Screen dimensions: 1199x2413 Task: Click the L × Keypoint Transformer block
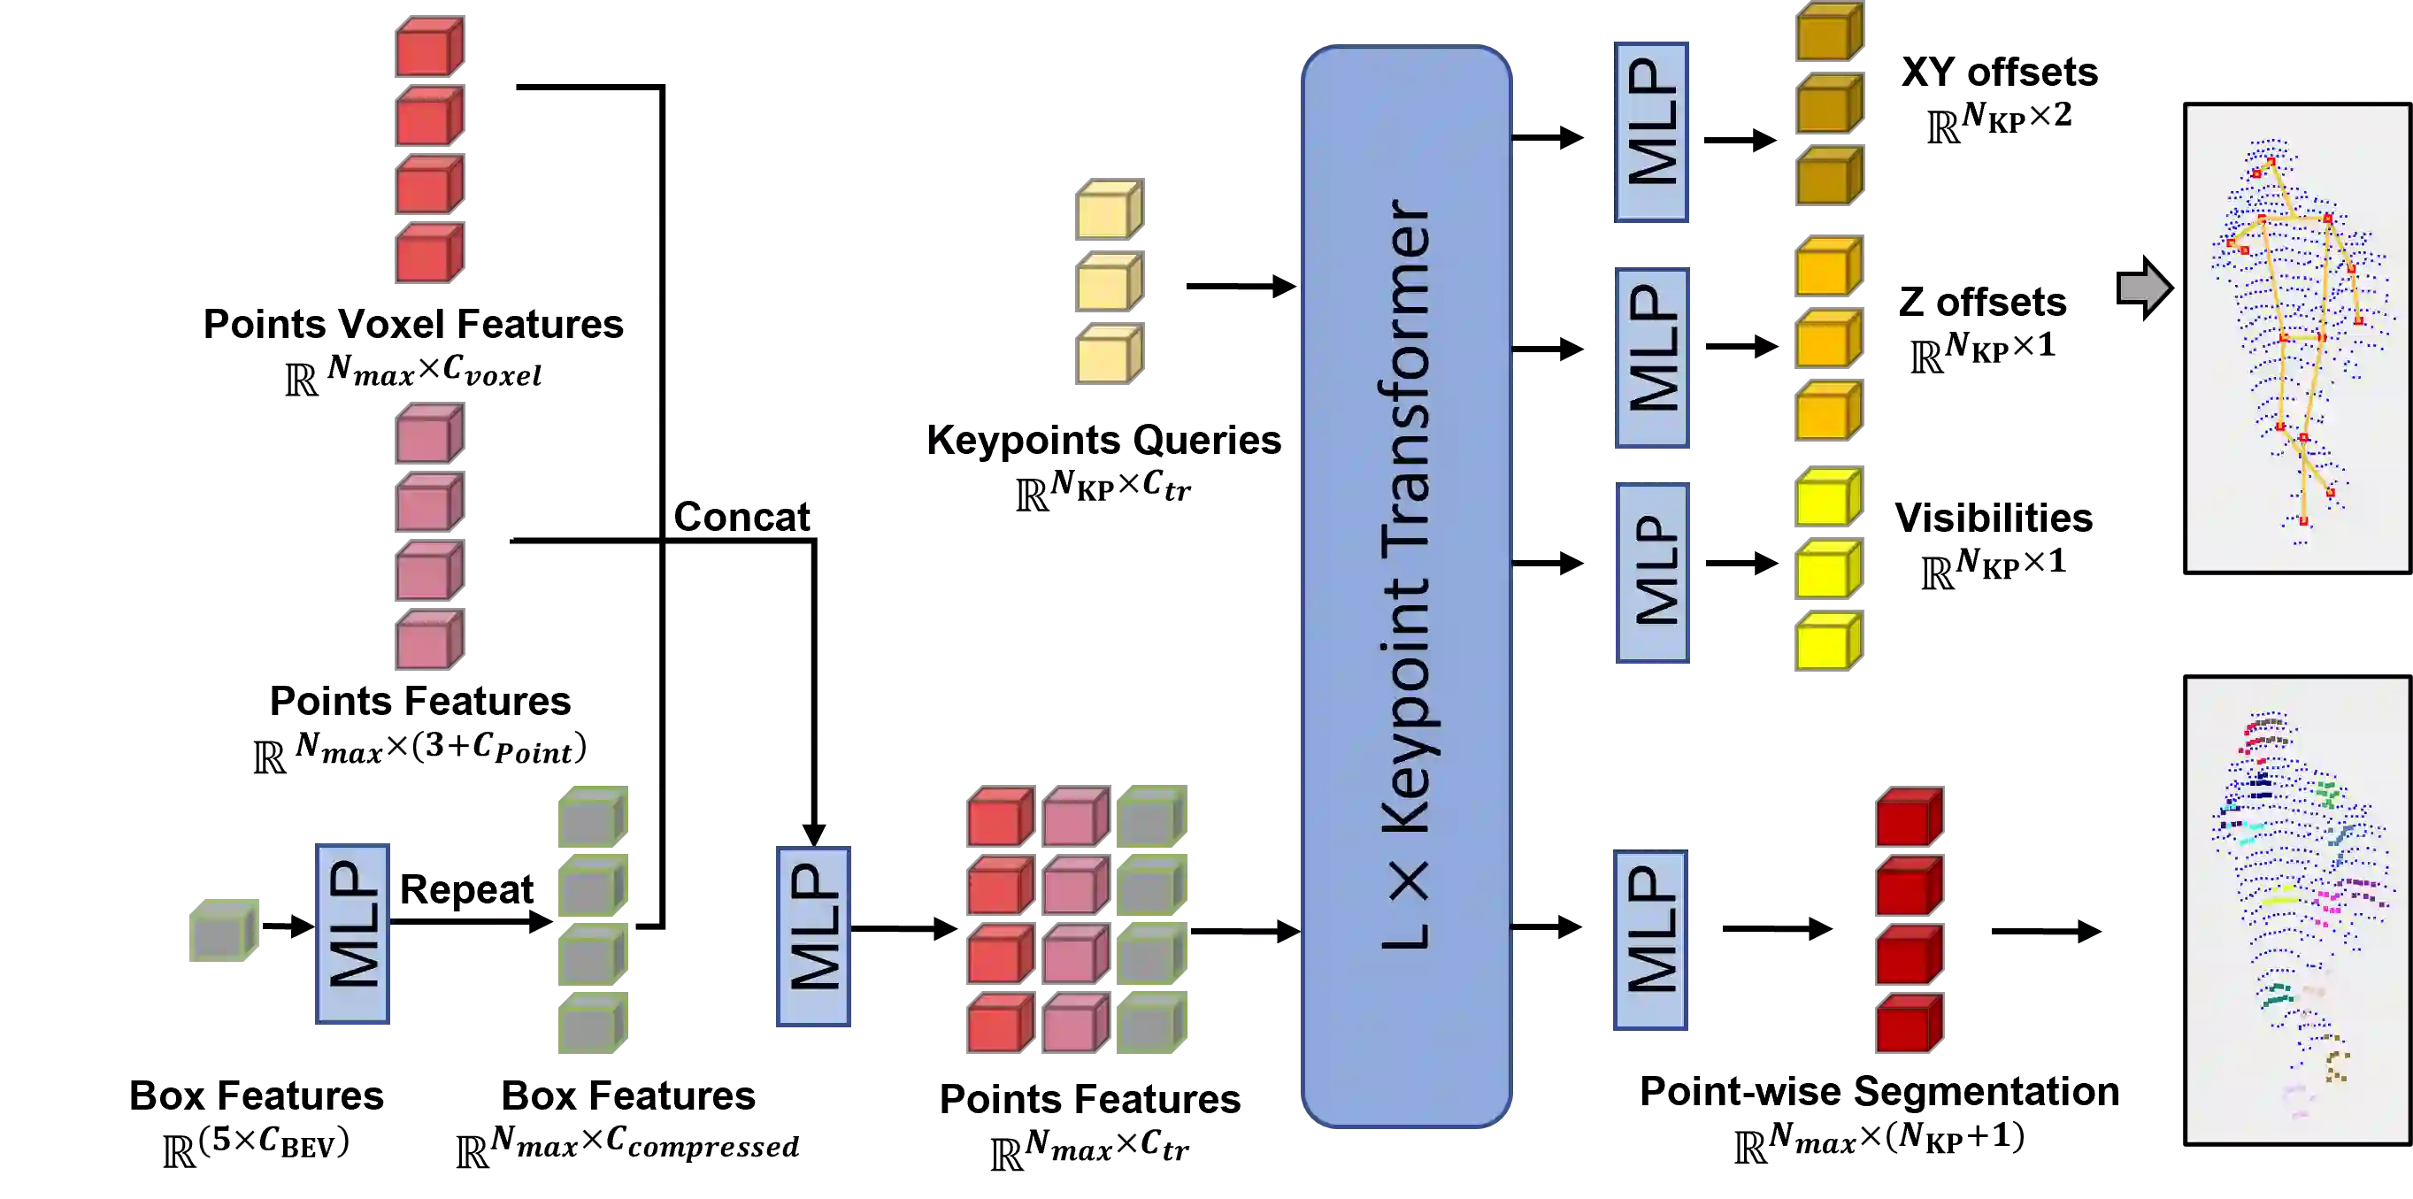(1405, 587)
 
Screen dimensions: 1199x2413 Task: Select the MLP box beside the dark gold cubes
(1652, 130)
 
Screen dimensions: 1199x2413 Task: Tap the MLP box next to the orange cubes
(1652, 357)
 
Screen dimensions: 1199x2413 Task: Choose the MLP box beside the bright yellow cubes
(1652, 573)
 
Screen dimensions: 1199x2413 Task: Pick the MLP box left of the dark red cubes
(1648, 941)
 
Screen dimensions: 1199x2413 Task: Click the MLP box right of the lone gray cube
(353, 934)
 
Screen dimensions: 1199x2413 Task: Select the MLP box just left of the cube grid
(813, 938)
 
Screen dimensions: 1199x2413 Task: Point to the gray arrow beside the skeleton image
(2143, 288)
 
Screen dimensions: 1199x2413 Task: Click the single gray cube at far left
(222, 931)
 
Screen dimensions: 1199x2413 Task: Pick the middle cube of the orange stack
(1827, 338)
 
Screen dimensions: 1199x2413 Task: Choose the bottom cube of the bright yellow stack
(1826, 642)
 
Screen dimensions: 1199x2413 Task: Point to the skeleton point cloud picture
(2296, 338)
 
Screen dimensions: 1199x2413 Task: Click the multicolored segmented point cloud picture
(2296, 911)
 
